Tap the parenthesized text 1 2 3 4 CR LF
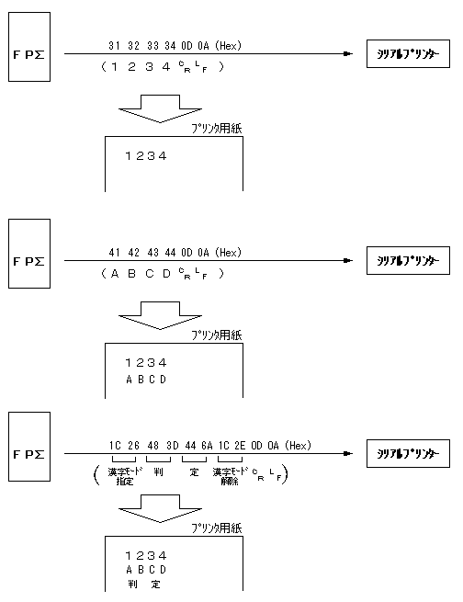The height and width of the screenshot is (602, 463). point(164,67)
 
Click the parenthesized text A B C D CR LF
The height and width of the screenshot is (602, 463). point(164,274)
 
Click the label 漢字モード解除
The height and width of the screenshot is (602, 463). point(231,475)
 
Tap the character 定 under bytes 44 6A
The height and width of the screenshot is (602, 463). point(194,471)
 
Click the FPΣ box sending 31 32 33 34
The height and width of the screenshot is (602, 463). point(31,55)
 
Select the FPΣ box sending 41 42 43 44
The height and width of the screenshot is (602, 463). point(31,261)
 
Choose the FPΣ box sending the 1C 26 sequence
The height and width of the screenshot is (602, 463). point(31,454)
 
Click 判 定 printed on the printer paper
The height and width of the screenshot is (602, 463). point(144,584)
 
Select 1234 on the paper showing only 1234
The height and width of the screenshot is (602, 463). point(146,155)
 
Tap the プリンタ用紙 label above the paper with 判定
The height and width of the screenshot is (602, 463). point(217,528)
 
